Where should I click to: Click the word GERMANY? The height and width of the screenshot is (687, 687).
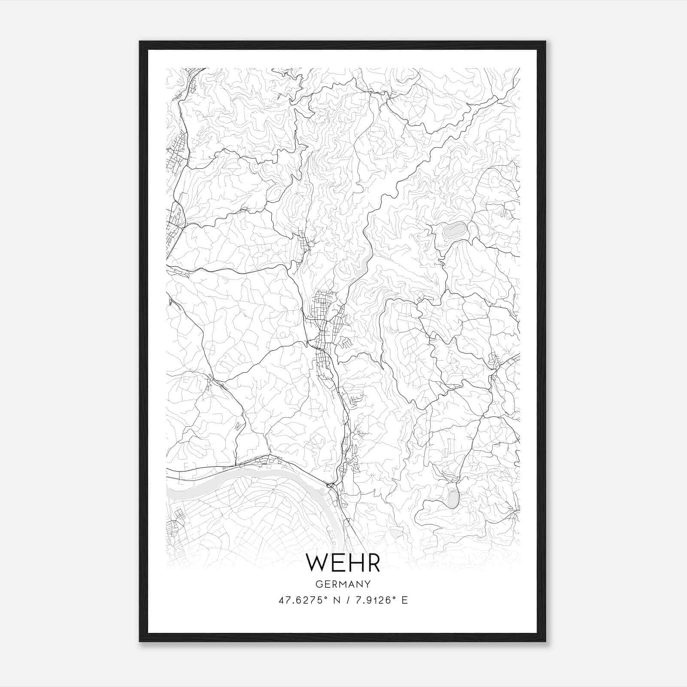(x=343, y=584)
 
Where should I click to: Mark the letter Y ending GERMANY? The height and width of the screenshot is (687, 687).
(x=368, y=584)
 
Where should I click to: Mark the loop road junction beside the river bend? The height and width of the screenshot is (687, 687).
(x=331, y=486)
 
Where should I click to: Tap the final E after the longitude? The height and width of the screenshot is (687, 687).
(x=404, y=600)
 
